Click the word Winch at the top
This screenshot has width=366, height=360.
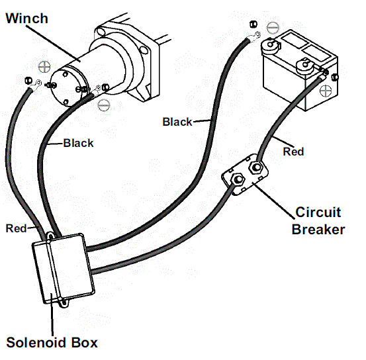tap(28, 17)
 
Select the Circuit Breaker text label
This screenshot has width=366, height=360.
tap(318, 221)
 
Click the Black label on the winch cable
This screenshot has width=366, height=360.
tap(78, 143)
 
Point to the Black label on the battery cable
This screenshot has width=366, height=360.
tap(177, 121)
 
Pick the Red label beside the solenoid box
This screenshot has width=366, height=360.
tap(16, 228)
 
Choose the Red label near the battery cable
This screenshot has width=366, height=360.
tap(293, 152)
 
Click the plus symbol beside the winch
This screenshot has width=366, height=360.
tap(44, 67)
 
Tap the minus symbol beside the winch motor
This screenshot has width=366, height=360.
tap(103, 104)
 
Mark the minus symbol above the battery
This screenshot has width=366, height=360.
tap(273, 28)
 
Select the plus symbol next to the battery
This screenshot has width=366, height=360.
tap(325, 89)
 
